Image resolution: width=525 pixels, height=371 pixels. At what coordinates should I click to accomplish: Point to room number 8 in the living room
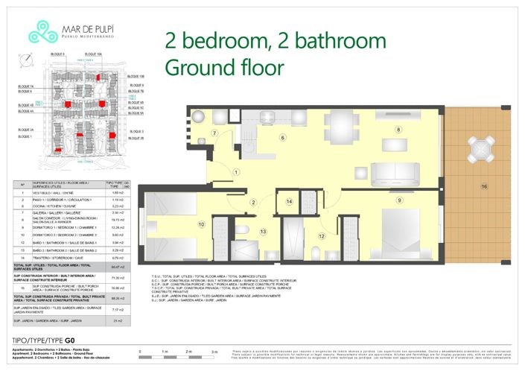click(398, 130)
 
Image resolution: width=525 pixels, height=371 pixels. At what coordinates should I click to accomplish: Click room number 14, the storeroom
click(290, 202)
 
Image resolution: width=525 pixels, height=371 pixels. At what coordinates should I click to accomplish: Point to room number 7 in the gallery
click(213, 133)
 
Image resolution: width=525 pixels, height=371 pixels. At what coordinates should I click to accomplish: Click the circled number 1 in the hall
click(236, 172)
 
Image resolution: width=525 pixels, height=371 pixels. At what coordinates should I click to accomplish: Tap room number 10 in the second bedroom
click(201, 223)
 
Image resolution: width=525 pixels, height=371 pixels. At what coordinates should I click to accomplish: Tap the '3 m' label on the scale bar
click(214, 350)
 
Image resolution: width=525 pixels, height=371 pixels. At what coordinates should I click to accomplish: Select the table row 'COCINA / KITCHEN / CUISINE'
click(71, 206)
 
